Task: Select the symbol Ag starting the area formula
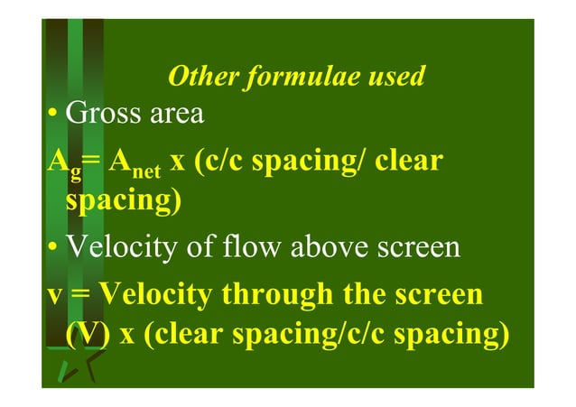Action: coord(60,165)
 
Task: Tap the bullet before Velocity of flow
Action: coord(54,248)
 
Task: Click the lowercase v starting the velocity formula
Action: coord(56,296)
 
